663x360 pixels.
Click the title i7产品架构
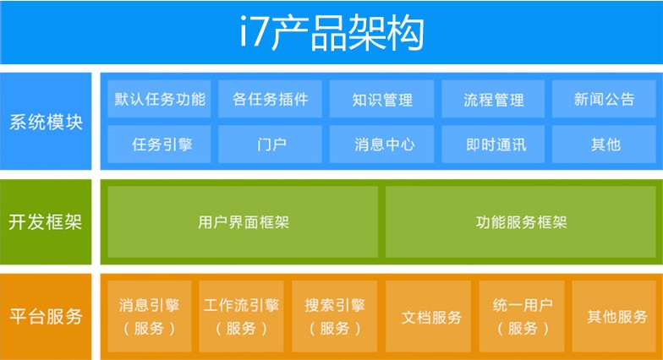click(331, 32)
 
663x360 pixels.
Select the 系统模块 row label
click(46, 122)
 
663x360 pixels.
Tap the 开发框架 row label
click(46, 221)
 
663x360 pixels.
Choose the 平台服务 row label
click(46, 316)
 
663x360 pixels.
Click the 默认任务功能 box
click(159, 99)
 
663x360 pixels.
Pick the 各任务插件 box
click(271, 99)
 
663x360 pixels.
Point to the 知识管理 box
click(382, 99)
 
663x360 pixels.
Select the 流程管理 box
click(493, 99)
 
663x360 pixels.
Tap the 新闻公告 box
click(604, 99)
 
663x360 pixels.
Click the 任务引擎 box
click(159, 144)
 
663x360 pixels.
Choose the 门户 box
click(271, 144)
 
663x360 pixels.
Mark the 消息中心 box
click(382, 144)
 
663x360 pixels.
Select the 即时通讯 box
click(493, 144)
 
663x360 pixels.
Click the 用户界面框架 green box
click(243, 221)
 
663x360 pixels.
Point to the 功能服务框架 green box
click(521, 221)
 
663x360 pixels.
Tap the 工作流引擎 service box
click(242, 316)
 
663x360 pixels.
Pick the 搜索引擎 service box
click(335, 316)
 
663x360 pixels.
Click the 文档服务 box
click(428, 316)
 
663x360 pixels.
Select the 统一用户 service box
click(522, 316)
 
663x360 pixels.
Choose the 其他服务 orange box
click(614, 316)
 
